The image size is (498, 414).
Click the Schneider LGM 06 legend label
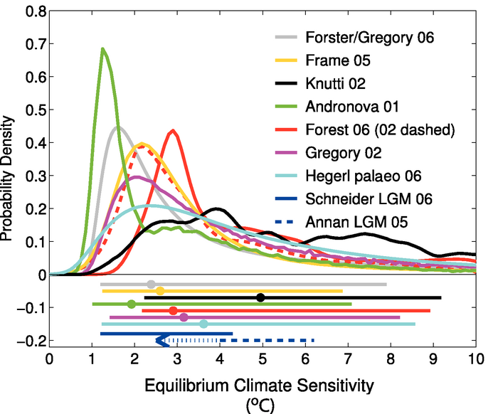[366, 198]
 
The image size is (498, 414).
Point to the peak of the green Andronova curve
[103, 49]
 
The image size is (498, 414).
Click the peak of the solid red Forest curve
[173, 131]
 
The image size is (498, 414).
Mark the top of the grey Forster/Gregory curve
[117, 127]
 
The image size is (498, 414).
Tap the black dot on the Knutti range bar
[260, 297]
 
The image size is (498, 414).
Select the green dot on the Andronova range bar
[131, 304]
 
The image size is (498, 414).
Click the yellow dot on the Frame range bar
[160, 291]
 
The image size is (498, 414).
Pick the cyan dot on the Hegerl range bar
[203, 324]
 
